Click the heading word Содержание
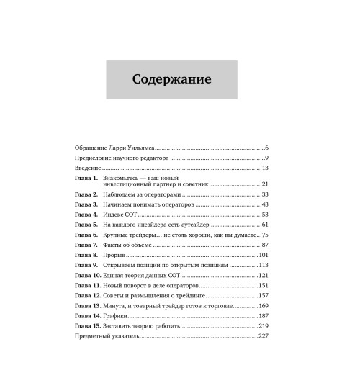tap(171, 79)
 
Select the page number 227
tap(262, 337)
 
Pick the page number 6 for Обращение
tap(266, 147)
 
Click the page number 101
tap(263, 256)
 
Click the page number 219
tap(263, 326)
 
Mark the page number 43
tap(264, 204)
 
